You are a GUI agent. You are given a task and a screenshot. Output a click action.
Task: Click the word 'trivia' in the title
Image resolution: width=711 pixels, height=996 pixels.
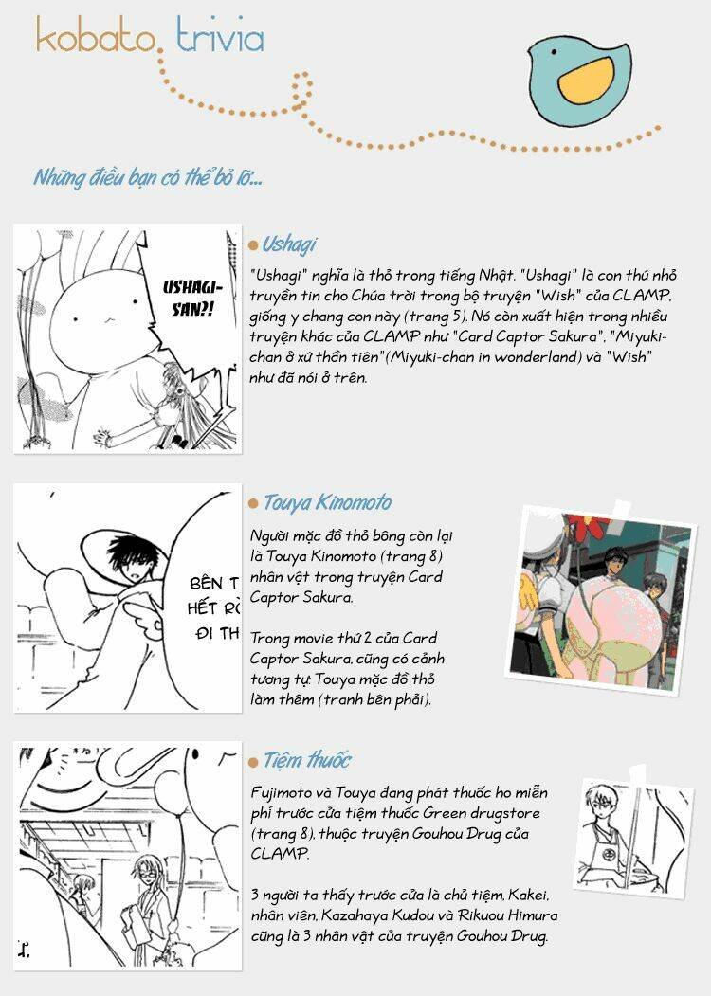[x=220, y=35]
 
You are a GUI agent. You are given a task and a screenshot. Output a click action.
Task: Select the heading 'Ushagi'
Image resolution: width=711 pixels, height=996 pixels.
[x=289, y=244]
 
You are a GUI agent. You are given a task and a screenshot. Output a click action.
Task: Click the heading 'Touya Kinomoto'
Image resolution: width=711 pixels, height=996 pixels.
[x=327, y=502]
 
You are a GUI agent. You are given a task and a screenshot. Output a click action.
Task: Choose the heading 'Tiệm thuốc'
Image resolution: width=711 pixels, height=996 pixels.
[x=307, y=760]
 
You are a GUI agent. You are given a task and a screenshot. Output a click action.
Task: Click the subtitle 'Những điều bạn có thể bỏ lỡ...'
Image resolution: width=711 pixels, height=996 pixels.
[x=147, y=177]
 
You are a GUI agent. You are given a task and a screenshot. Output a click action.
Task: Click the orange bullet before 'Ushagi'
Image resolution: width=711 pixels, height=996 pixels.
[x=253, y=245]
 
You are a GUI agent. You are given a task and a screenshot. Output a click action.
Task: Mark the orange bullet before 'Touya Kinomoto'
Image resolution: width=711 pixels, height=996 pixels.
[x=253, y=503]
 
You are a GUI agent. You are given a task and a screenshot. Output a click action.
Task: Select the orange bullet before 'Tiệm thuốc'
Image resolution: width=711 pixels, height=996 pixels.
[x=253, y=761]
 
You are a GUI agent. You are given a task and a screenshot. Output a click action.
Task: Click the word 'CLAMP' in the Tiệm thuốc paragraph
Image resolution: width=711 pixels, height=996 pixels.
[x=279, y=854]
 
